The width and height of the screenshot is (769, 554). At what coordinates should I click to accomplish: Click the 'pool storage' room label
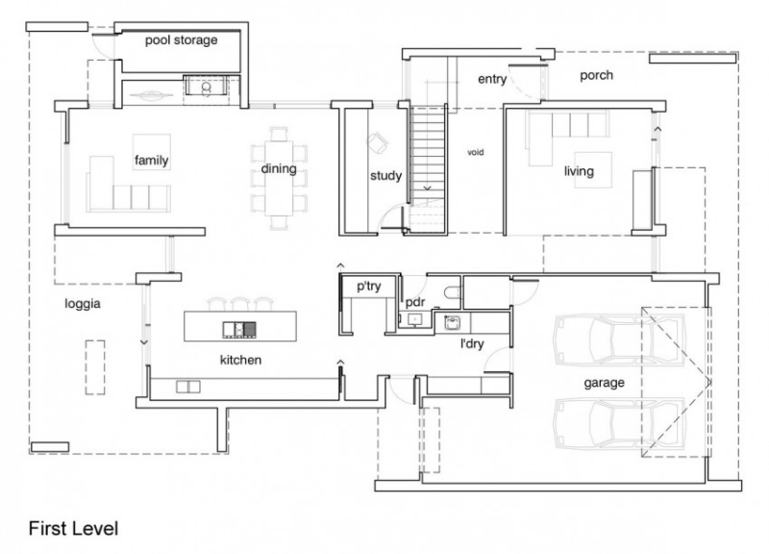181,40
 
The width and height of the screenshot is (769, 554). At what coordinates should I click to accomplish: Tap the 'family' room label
152,161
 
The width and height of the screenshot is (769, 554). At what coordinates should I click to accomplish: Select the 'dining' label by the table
278,170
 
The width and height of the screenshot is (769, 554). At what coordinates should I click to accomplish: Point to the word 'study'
385,176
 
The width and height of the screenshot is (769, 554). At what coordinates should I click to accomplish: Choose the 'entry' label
491,80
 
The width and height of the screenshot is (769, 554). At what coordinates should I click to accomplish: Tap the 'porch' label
596,76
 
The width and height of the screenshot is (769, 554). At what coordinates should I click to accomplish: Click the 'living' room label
579,172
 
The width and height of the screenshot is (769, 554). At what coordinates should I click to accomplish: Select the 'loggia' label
83,303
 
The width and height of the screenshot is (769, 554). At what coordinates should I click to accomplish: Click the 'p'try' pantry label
369,287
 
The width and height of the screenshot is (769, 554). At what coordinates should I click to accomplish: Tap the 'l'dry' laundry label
471,342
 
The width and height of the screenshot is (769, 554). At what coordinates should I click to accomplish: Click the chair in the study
377,142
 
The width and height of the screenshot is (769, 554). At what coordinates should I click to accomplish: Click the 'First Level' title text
72,528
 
